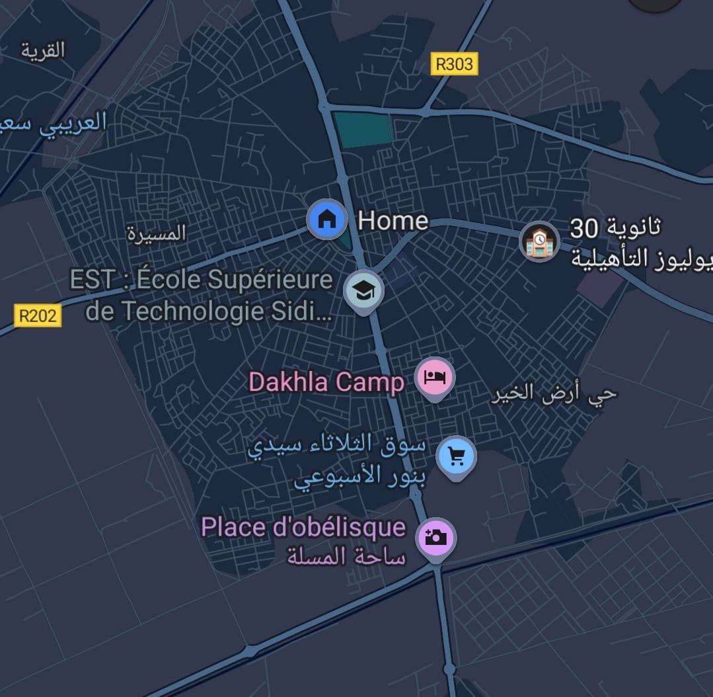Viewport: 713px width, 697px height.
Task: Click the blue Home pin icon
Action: (326, 219)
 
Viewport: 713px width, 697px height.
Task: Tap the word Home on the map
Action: (393, 220)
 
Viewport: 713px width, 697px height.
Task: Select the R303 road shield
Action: (455, 63)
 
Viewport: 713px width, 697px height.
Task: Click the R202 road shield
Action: (38, 315)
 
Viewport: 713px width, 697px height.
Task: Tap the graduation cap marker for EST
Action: (363, 289)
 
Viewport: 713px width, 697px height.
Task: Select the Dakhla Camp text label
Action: (326, 382)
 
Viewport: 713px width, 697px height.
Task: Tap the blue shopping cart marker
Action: (456, 455)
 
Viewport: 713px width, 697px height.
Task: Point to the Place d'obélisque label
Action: (303, 527)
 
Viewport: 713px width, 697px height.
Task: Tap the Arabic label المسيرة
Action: (157, 233)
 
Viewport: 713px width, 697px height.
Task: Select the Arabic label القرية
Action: (43, 50)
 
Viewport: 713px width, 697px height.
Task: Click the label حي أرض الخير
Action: (554, 394)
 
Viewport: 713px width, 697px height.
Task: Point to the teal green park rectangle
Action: (362, 129)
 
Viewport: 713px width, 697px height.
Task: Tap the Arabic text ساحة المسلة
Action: (346, 557)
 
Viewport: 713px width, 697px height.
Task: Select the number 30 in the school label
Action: (584, 229)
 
